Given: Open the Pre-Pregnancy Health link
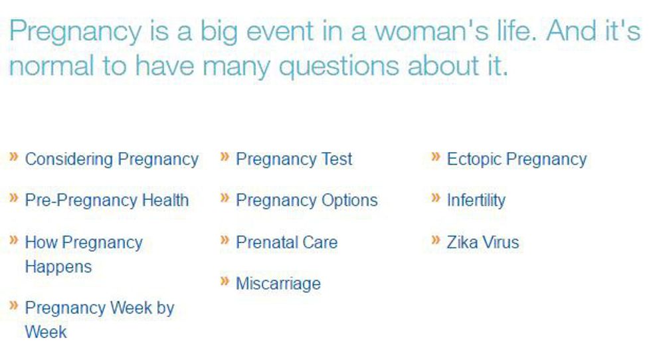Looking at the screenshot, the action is coord(107,201).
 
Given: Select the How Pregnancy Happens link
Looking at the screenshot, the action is coord(84,254).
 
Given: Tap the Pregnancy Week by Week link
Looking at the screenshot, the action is coord(99,319).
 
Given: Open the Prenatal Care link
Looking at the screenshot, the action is coord(286,242).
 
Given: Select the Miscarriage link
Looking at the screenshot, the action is coord(278,284).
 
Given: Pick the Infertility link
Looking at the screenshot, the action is coord(476,201).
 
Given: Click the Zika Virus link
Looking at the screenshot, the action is coord(483,242).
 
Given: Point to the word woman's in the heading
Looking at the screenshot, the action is coord(432,31).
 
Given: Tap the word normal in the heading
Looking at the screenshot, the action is coord(52,66).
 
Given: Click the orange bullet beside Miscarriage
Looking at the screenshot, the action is coord(225,282).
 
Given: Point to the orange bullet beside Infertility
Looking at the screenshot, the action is coord(436,198).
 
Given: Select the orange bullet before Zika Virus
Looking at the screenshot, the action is coord(436,240).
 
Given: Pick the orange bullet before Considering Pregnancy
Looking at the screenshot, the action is coord(14,157).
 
